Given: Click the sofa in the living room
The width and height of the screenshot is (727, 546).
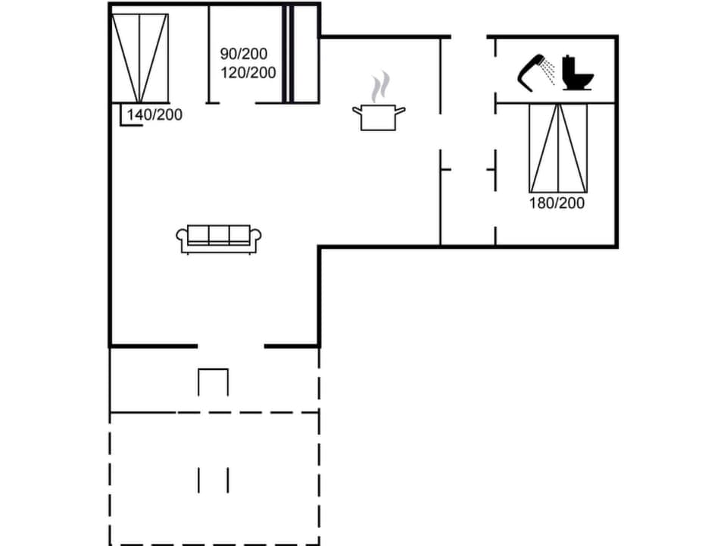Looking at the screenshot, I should point(218,239).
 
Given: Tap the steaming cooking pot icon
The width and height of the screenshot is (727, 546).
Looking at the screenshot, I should point(379,114).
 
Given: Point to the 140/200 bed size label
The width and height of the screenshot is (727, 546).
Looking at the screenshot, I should point(154,115).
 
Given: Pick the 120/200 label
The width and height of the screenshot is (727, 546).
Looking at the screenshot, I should point(248,73).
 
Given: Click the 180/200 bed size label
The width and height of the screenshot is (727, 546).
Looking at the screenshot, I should point(557,202).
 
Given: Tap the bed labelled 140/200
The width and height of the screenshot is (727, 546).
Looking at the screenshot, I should point(139,58).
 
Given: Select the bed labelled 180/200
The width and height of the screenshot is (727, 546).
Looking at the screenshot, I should point(557,148).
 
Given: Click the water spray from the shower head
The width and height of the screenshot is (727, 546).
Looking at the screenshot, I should point(550,72).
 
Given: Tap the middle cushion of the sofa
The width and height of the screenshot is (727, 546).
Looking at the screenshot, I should point(219,234).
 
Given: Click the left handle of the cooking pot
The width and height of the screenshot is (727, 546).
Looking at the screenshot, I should point(357,111).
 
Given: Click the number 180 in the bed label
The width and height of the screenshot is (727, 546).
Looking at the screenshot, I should point(541,202).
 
